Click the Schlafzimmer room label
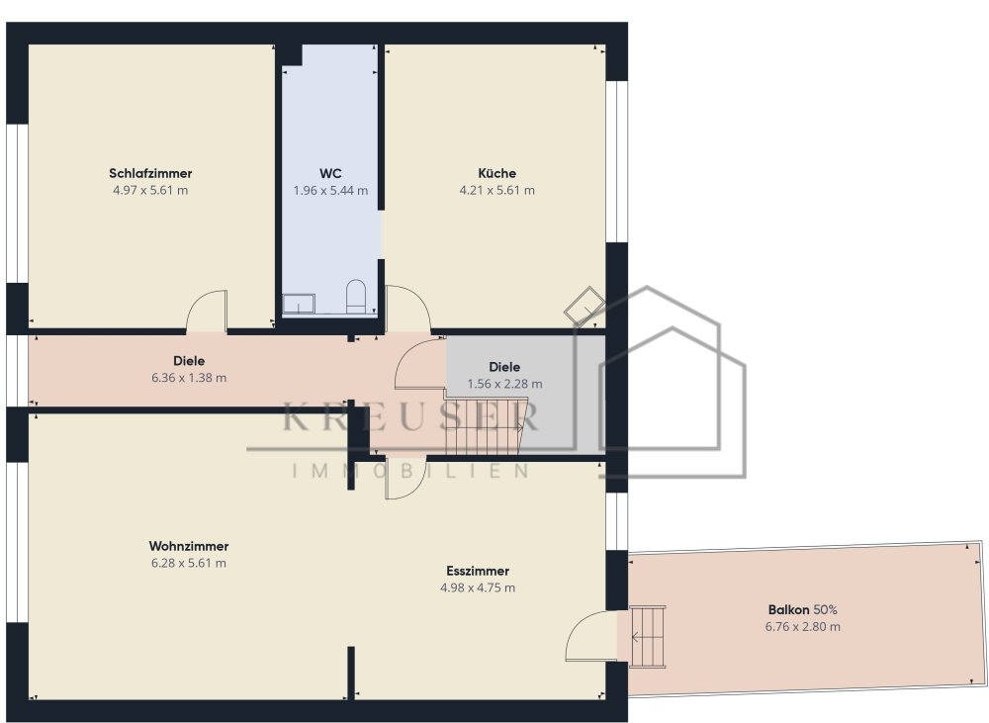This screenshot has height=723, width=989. click(150, 173)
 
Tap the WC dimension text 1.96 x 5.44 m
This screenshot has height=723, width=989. click(330, 191)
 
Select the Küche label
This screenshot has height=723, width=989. click(497, 173)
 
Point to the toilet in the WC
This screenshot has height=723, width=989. click(356, 297)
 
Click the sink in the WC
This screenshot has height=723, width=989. click(299, 304)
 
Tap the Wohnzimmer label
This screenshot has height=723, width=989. click(189, 546)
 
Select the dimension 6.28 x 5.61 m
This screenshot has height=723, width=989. click(189, 564)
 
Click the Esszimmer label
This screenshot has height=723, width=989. click(478, 571)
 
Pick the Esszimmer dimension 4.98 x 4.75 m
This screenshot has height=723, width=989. click(478, 587)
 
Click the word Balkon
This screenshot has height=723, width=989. click(788, 610)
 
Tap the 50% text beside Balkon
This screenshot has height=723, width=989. click(826, 610)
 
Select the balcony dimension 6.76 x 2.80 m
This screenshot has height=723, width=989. click(802, 627)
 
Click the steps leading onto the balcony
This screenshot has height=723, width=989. click(648, 636)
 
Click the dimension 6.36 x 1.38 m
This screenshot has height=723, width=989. click(189, 378)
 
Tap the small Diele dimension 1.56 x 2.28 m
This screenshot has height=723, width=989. click(504, 384)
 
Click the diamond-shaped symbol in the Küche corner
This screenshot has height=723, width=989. click(584, 307)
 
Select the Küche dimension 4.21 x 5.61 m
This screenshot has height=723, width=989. click(497, 191)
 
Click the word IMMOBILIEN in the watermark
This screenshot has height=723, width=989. click(410, 471)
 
